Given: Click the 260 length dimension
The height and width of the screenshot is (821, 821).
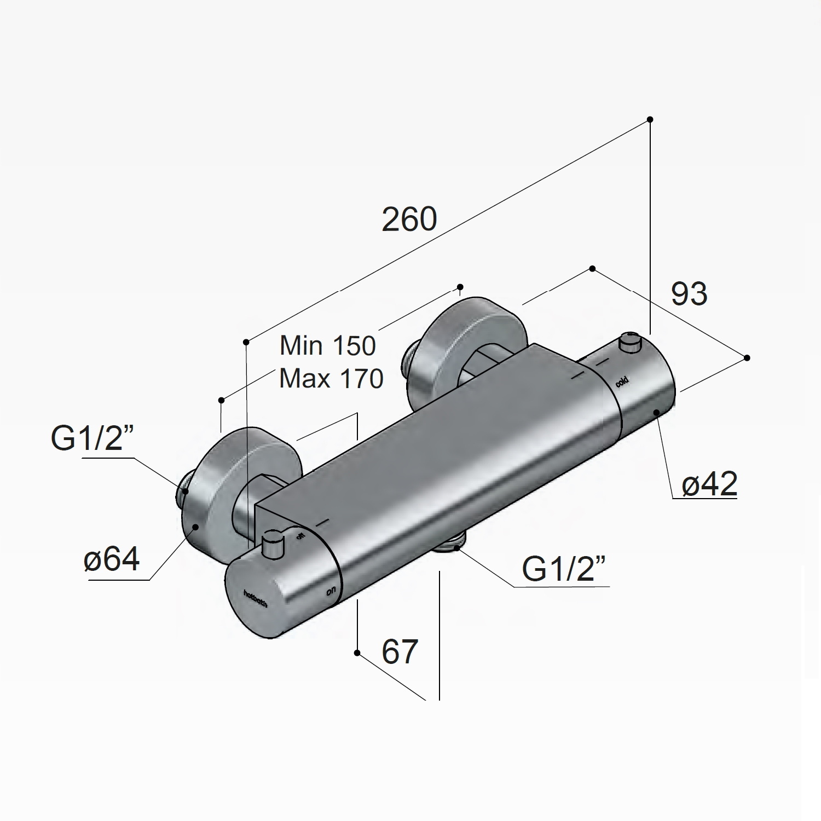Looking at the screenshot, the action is (409, 219).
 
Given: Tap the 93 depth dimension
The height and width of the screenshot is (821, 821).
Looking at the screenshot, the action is (689, 294).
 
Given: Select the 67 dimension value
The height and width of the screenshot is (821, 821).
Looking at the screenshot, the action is (400, 651).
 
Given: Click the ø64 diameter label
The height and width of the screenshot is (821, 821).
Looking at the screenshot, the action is (112, 559).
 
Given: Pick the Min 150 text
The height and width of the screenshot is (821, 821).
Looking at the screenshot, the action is (327, 346).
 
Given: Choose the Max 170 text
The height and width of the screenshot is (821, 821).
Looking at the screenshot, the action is (331, 378).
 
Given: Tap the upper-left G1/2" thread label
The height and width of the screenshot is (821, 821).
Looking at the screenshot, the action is (94, 438).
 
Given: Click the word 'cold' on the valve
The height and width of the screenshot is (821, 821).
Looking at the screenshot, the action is (622, 382).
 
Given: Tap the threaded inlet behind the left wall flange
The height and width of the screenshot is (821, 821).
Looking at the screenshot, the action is (183, 487).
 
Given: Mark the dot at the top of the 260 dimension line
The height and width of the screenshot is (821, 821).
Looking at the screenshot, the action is (650, 119).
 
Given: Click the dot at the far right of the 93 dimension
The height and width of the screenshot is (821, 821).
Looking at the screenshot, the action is (747, 357).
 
